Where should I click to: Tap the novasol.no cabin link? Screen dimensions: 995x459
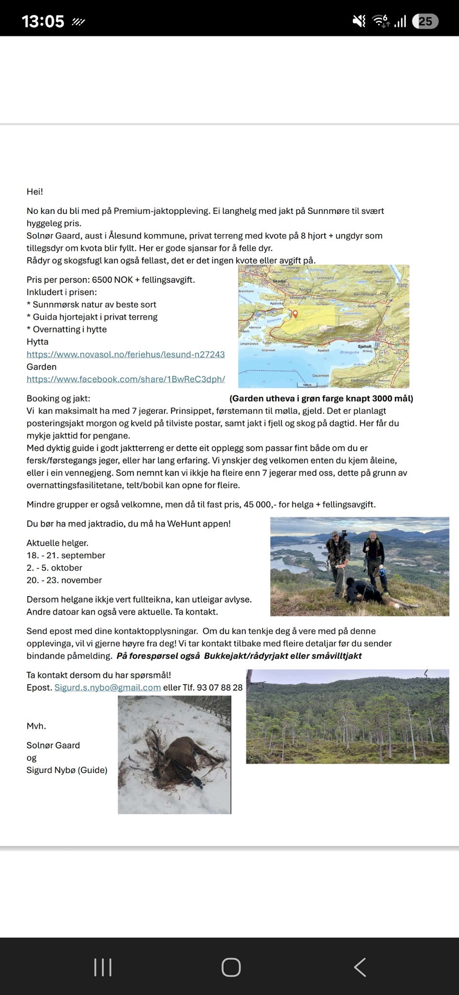pyautogui.click(x=125, y=354)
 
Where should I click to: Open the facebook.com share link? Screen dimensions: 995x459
pyautogui.click(x=125, y=379)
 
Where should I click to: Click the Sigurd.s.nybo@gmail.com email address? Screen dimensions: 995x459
pyautogui.click(x=108, y=687)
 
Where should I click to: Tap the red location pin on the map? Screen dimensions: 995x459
pyautogui.click(x=295, y=314)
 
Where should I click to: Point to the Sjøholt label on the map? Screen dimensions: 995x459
pyautogui.click(x=364, y=346)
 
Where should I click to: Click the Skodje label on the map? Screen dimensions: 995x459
pyautogui.click(x=279, y=281)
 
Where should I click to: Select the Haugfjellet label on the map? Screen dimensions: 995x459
pyautogui.click(x=372, y=272)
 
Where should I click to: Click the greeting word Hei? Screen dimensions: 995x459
pyautogui.click(x=35, y=192)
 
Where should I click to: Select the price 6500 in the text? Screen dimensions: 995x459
pyautogui.click(x=102, y=280)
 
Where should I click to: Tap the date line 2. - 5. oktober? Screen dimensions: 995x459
pyautogui.click(x=55, y=568)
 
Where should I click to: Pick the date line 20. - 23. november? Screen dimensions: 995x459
pyautogui.click(x=64, y=580)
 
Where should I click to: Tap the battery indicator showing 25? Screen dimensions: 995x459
pyautogui.click(x=425, y=21)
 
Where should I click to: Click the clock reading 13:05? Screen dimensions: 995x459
pyautogui.click(x=43, y=22)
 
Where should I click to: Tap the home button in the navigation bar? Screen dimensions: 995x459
pyautogui.click(x=230, y=967)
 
